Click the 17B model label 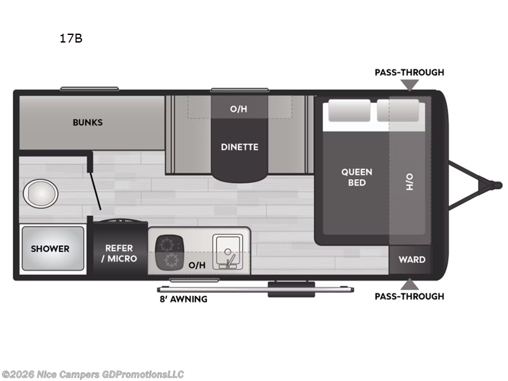point(71,38)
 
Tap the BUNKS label point(88,123)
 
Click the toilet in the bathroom point(41,194)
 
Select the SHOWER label point(50,249)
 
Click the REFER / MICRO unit point(119,248)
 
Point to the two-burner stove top point(170,252)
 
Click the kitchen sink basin point(228,251)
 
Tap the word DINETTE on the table point(240,147)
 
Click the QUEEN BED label point(357,177)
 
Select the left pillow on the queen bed point(349,110)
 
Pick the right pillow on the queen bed point(398,110)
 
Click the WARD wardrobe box point(411,260)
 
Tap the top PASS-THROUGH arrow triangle point(410,85)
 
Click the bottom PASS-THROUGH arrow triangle point(410,284)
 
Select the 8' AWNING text point(184,299)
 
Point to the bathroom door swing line point(96,191)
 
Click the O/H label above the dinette point(239,109)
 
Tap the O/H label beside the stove point(197,265)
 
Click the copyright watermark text point(92,375)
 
